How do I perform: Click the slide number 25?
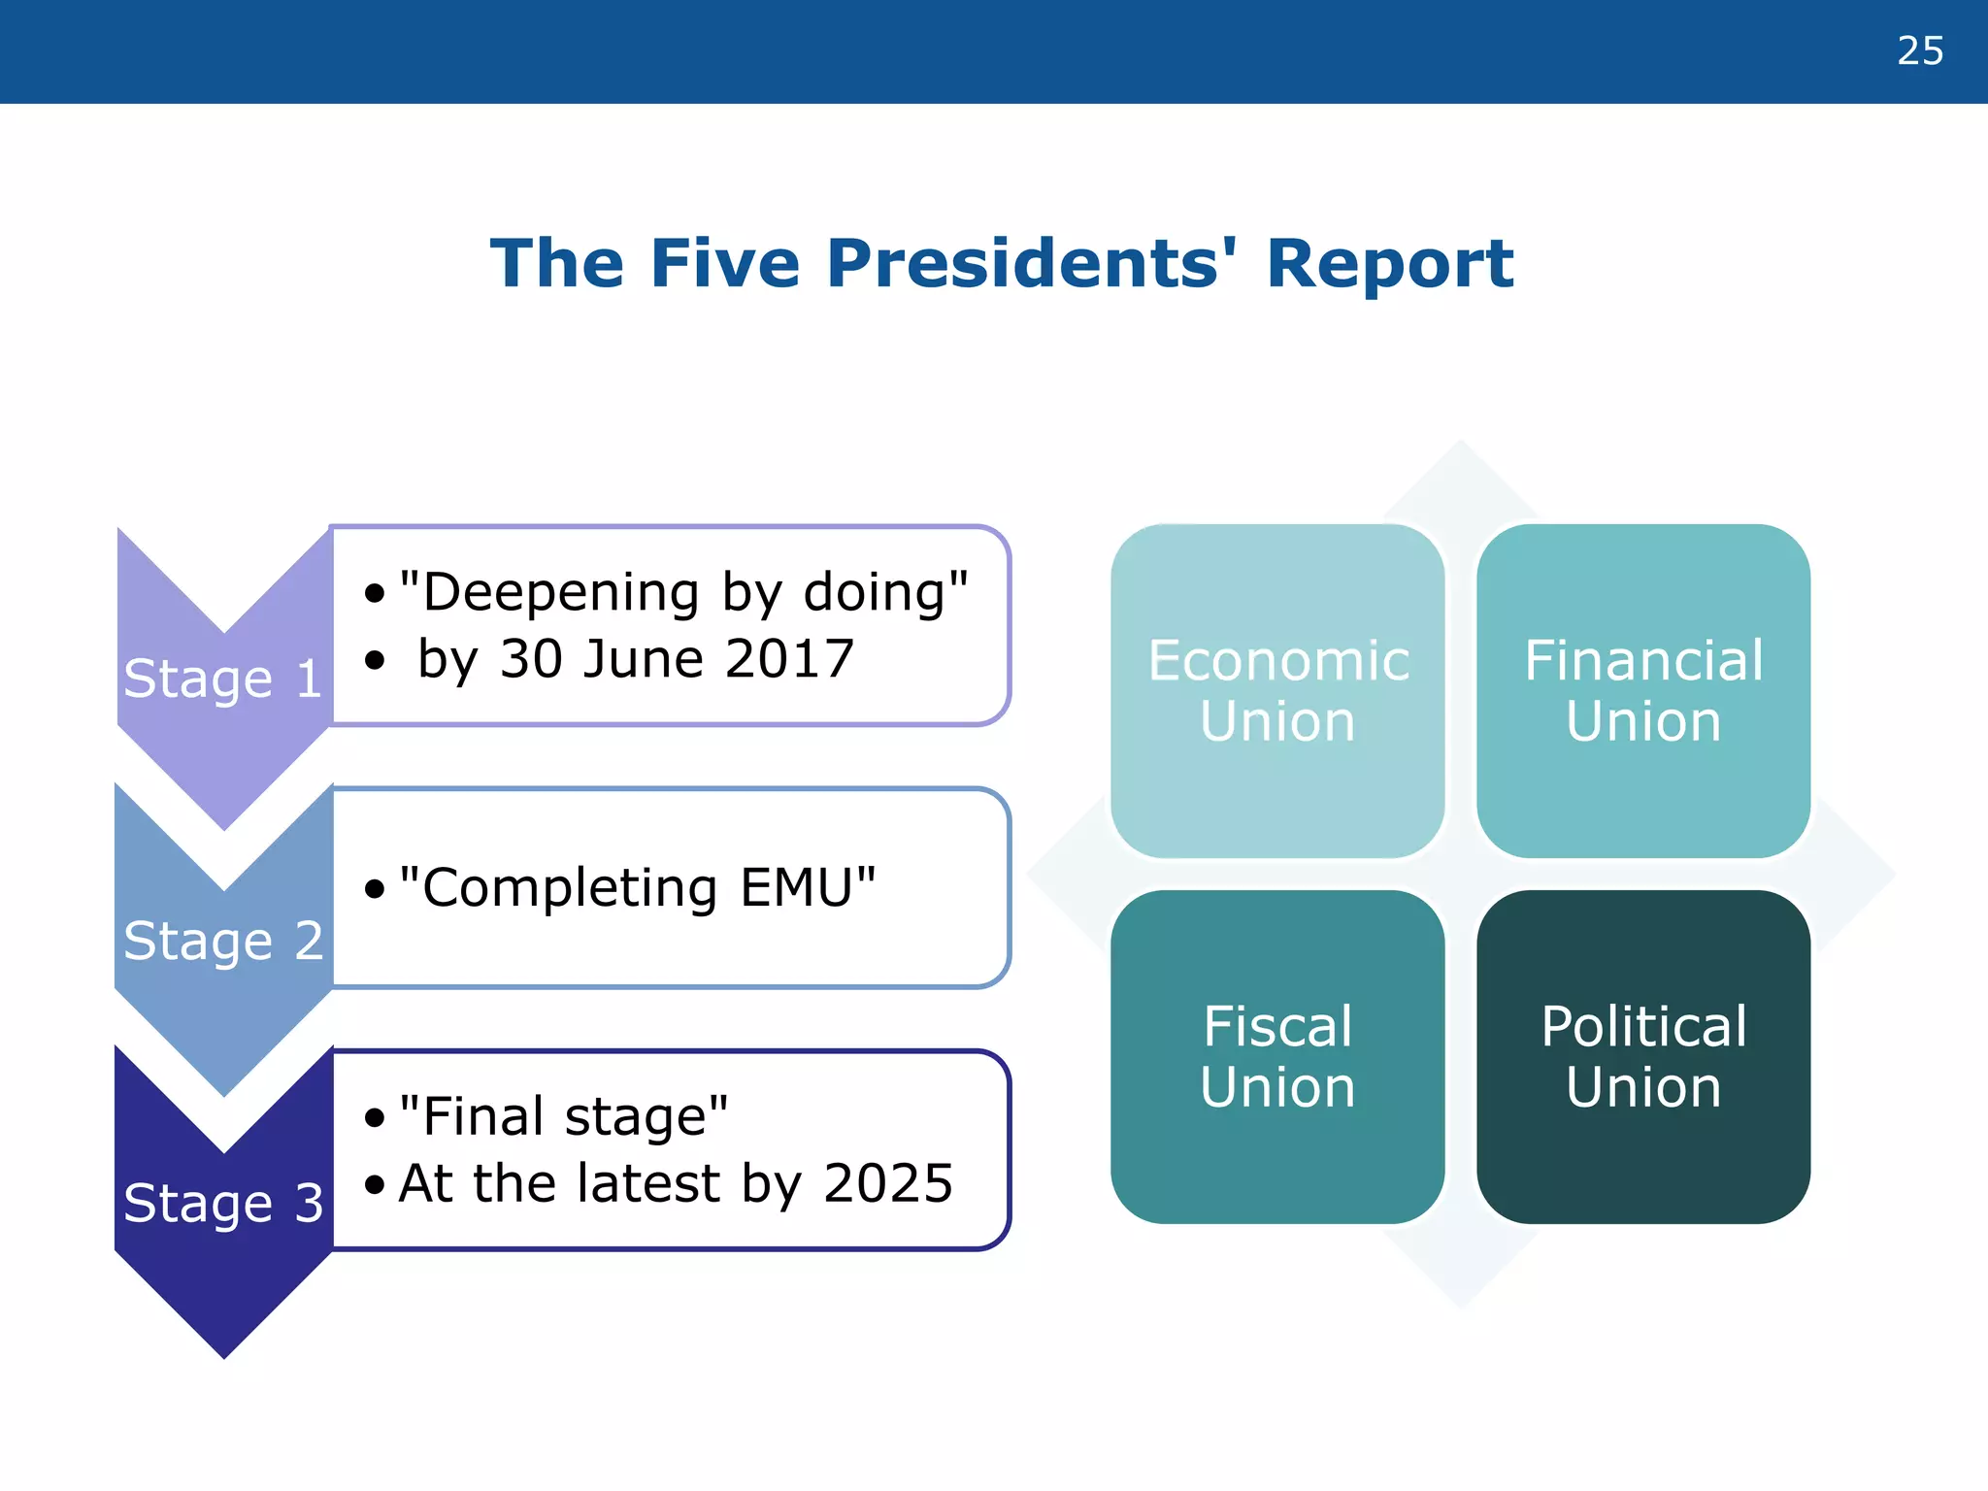(1919, 50)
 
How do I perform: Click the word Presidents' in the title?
(1032, 264)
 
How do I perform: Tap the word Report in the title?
(1389, 264)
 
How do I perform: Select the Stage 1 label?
(222, 678)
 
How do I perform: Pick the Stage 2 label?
(222, 940)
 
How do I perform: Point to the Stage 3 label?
(222, 1203)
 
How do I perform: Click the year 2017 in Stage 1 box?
(789, 658)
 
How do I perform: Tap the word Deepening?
(561, 592)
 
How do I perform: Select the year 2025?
(887, 1182)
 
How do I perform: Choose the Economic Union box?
(1277, 691)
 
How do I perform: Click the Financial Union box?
(1643, 691)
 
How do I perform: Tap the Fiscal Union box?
(1277, 1056)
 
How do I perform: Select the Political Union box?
(1643, 1056)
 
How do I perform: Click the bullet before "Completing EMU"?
(375, 889)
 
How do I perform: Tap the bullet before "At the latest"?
(375, 1184)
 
